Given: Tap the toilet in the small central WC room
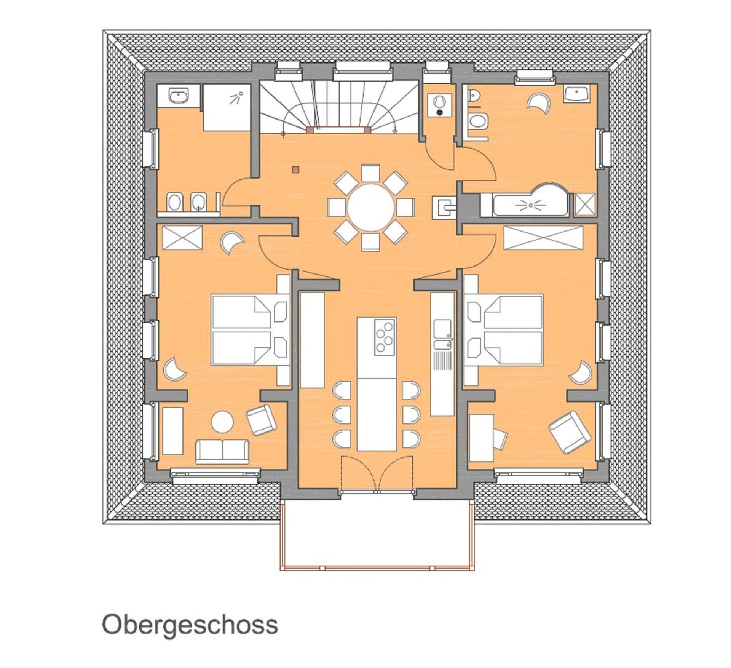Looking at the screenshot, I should tap(440, 103).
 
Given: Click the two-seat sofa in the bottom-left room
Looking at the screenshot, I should tap(222, 452).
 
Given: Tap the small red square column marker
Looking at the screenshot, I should tap(295, 169).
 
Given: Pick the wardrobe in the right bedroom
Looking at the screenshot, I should tap(543, 238).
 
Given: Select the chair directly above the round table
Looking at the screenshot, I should tap(370, 173).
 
